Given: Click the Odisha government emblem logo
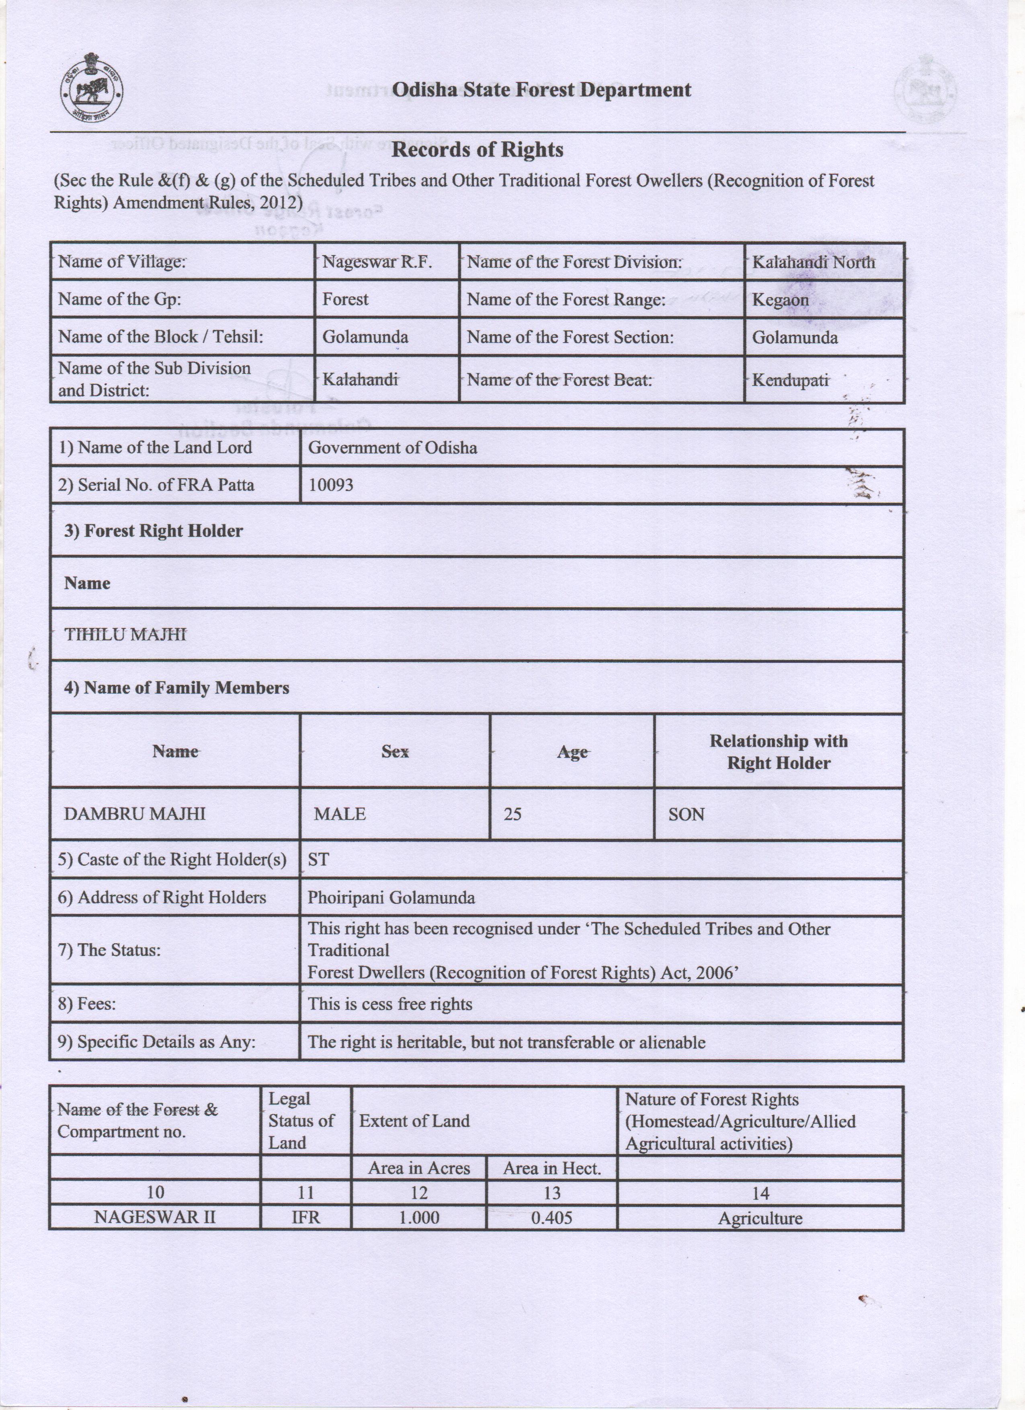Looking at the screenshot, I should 91,88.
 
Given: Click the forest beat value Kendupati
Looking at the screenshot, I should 790,380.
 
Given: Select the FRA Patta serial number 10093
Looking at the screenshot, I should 331,485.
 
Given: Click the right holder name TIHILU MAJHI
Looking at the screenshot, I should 126,634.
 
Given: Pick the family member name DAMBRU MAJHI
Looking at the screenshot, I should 134,814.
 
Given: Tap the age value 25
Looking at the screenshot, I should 512,814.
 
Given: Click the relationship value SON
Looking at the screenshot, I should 686,814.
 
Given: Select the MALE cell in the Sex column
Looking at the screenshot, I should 340,814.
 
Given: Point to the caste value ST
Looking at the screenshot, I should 318,860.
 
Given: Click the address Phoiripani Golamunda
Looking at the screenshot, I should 391,897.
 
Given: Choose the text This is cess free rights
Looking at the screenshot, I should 390,1004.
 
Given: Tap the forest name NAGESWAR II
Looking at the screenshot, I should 155,1217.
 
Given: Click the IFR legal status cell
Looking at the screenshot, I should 305,1217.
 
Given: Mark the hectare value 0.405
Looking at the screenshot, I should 551,1217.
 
